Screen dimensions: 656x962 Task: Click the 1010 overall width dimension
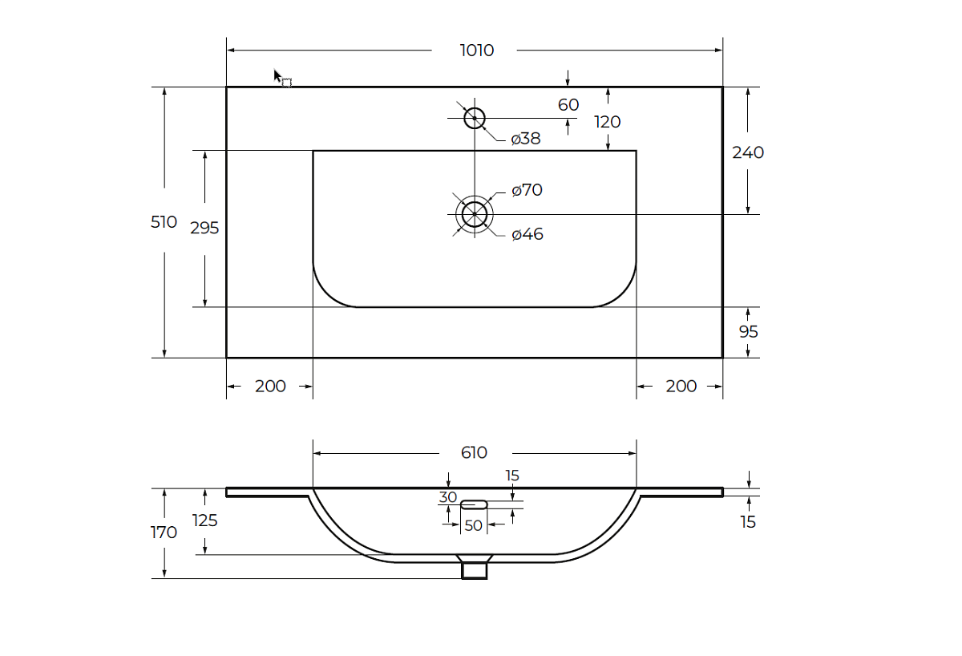(476, 51)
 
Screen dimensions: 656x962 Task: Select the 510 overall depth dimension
(164, 222)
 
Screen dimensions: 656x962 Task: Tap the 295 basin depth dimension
(204, 228)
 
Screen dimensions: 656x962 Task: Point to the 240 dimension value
(748, 152)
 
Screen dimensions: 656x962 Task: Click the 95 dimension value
(747, 331)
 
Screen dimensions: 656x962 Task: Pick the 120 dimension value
(608, 122)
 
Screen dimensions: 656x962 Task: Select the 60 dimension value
(568, 105)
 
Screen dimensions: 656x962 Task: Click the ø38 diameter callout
(526, 139)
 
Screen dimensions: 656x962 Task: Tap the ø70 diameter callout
(527, 190)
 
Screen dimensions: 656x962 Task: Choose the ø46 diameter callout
(527, 234)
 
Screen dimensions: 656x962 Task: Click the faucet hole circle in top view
(475, 118)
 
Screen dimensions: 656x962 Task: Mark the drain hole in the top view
(475, 214)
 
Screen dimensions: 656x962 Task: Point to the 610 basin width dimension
(474, 453)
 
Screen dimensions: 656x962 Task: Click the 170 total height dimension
(164, 532)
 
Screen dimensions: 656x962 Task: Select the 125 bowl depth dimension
(205, 520)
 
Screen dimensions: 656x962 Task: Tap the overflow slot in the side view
(474, 504)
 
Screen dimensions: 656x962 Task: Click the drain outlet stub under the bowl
(475, 569)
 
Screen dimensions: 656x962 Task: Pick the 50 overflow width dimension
(473, 525)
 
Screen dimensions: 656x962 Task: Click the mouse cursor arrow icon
(278, 77)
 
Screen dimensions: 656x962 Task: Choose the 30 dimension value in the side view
(447, 497)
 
